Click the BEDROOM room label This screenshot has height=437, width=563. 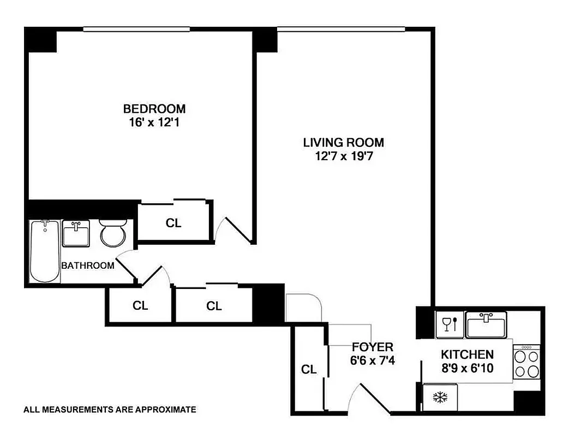pos(154,109)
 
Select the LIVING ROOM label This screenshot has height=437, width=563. pos(344,143)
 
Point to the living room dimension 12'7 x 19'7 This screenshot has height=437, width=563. pos(344,157)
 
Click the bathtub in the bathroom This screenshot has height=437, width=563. pos(45,251)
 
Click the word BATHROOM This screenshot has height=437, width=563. pos(88,266)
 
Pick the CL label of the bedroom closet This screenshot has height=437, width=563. pos(173,223)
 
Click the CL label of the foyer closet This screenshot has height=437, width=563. pos(309,369)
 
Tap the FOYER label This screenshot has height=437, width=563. pos(373,347)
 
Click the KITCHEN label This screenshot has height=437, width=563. pos(467,355)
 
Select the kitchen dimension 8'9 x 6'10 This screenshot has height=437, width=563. pos(467,368)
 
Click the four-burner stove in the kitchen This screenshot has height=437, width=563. pos(526,363)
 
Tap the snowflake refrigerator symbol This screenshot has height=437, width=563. pos(440,397)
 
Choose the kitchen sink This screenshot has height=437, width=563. pos(487,325)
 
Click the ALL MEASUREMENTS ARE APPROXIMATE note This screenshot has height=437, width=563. pos(109,409)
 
